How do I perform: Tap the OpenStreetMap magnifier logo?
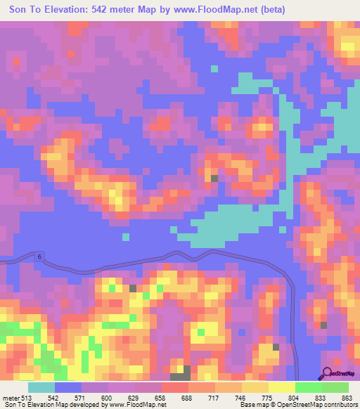[x=328, y=373]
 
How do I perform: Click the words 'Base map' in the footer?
[x=252, y=405]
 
